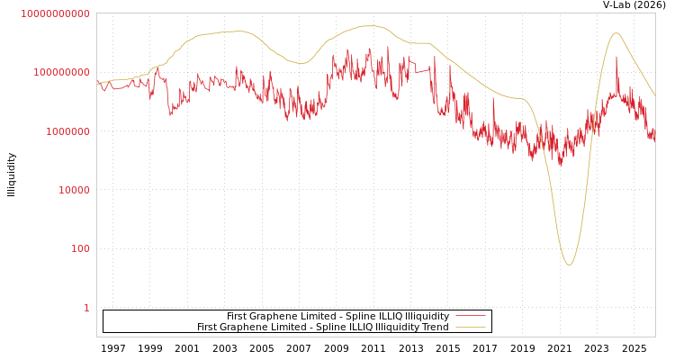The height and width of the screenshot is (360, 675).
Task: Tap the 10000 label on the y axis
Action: [x=73, y=190]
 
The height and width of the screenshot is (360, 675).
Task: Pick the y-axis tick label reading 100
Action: [x=80, y=248]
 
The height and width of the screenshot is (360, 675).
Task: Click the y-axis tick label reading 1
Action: [x=86, y=308]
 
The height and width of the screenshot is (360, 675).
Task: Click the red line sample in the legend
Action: [x=471, y=316]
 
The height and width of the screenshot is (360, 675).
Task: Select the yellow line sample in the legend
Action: [x=471, y=328]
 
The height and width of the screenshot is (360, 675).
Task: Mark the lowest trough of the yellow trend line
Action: [x=569, y=265]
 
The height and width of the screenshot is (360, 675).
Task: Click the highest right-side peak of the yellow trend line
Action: [x=616, y=33]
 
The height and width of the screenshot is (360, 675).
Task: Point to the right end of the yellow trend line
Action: [x=654, y=95]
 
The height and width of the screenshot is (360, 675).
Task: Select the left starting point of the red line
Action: [x=97, y=83]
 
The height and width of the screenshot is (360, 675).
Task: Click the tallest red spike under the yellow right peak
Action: [x=616, y=58]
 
